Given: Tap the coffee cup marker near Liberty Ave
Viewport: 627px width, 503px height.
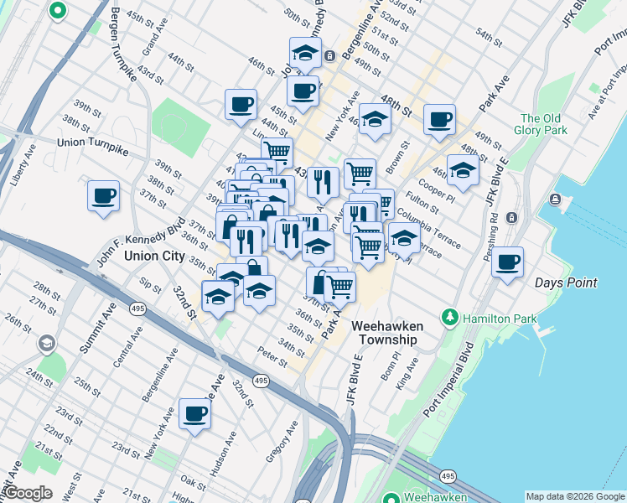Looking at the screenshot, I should (x=103, y=196).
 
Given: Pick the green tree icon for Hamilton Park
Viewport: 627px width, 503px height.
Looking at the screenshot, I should (x=452, y=317).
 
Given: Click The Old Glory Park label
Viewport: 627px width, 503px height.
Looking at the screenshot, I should (x=543, y=124).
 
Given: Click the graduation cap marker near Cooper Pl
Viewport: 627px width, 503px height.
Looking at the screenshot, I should (x=463, y=171).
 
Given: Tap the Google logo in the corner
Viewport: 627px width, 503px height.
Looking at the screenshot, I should (x=28, y=493).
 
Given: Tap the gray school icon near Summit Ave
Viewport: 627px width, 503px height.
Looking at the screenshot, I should (x=46, y=344).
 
